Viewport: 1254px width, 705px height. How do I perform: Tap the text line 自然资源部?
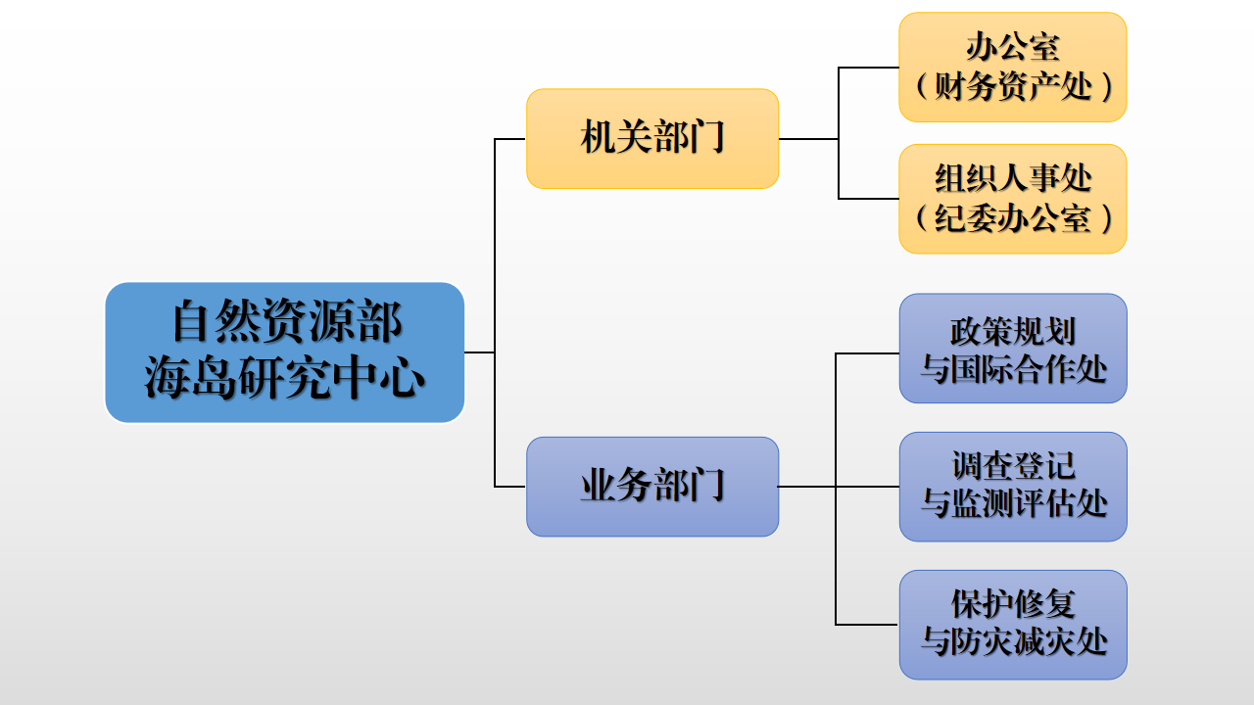pos(285,323)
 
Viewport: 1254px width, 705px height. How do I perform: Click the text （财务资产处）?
pos(1013,87)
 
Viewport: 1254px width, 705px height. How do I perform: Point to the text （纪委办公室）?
pos(1013,218)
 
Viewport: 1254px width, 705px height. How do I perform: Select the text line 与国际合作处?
pos(1013,368)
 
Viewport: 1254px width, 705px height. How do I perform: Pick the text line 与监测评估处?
pos(1013,504)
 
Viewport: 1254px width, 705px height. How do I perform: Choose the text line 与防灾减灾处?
pos(1013,642)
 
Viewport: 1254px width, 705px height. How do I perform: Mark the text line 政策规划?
pos(1013,331)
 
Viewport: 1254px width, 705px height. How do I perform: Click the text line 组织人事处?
pos(1013,178)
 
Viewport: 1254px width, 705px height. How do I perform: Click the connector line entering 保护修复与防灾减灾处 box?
pos(867,625)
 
